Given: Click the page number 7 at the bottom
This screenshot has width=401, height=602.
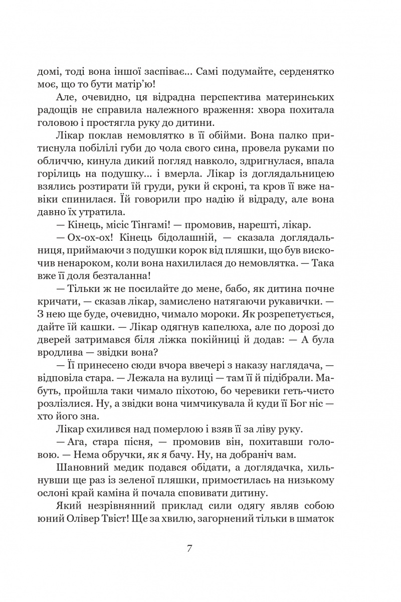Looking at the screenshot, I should point(189,547).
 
